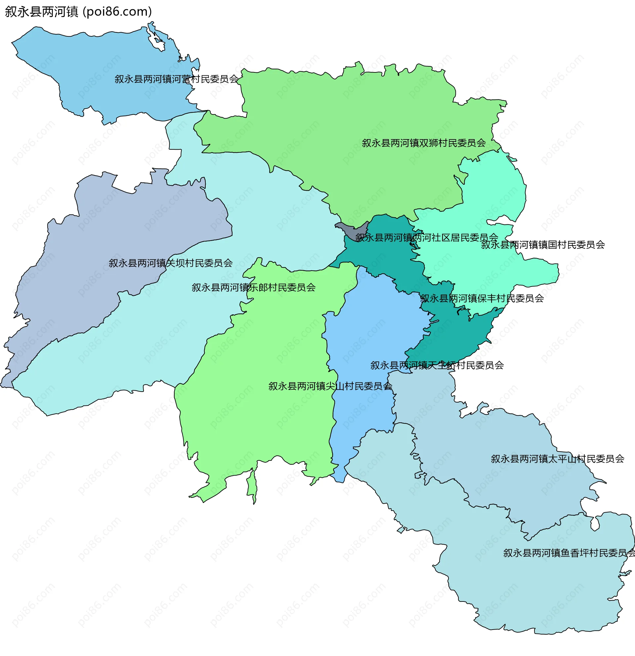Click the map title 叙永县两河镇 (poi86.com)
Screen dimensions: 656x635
point(78,12)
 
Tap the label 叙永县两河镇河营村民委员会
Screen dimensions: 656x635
point(177,79)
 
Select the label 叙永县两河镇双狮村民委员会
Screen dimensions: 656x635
point(424,143)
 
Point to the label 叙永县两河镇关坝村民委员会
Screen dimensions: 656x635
point(170,263)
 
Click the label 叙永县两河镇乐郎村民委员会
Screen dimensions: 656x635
point(254,288)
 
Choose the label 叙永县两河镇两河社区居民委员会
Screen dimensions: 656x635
point(427,238)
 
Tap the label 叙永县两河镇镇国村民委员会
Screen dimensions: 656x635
point(543,245)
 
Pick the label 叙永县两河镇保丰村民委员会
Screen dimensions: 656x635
point(482,298)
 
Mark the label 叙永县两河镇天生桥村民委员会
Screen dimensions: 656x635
point(437,365)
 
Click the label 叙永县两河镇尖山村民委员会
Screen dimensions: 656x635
point(330,386)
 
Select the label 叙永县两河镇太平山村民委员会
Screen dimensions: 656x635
point(558,459)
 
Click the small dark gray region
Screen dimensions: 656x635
point(348,229)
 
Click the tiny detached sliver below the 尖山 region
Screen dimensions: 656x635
point(252,485)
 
